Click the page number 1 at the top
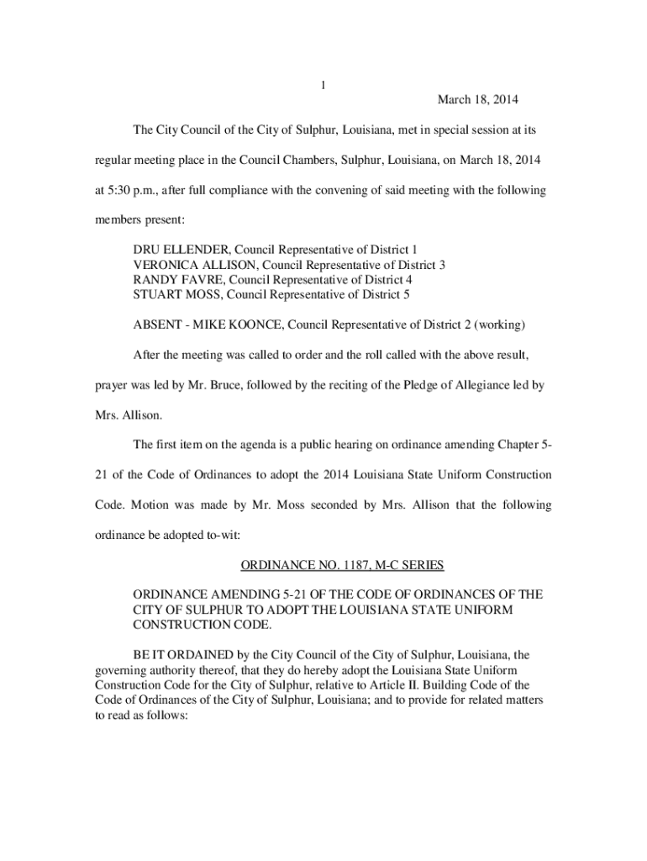(x=323, y=85)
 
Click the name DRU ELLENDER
(x=181, y=250)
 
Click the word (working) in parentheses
(x=503, y=325)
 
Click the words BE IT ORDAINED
(x=177, y=653)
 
